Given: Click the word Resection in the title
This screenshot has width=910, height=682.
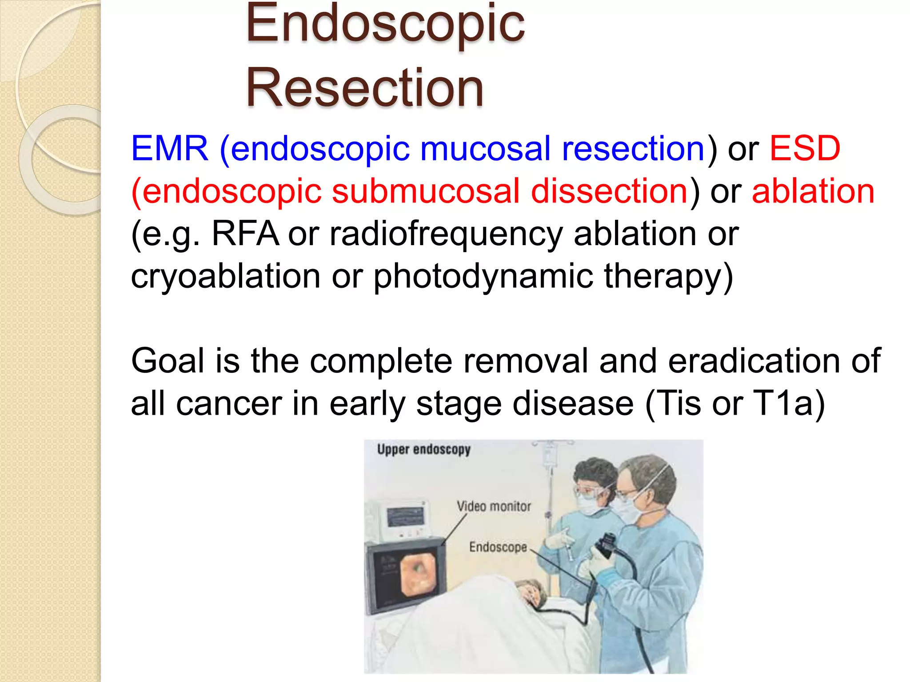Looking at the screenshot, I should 364,88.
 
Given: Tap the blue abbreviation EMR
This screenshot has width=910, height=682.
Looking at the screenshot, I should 169,149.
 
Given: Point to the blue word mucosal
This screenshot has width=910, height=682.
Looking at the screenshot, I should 485,149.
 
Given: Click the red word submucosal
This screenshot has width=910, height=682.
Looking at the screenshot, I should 425,191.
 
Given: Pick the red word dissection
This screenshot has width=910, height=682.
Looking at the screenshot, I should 609,191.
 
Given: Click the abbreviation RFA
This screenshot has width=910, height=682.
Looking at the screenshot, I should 245,234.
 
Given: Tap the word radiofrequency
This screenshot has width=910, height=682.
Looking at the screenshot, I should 446,234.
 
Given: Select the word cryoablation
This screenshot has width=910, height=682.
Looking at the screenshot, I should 225,277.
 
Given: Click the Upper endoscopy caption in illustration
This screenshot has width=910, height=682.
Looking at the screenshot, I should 423,449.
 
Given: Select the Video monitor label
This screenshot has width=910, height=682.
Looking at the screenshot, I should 494,506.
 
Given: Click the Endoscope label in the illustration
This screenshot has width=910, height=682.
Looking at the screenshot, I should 498,547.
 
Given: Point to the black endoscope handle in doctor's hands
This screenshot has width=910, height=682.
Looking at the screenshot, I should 605,546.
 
